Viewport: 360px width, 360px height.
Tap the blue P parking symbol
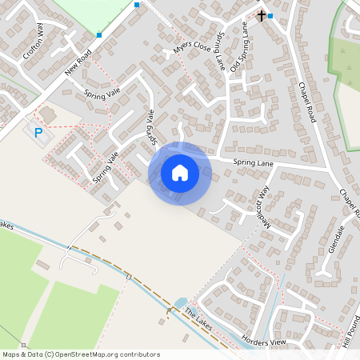pyautogui.click(x=37, y=130)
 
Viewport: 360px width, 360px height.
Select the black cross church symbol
pyautogui.click(x=261, y=15)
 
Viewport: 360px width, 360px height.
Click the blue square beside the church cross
pyautogui.click(x=270, y=16)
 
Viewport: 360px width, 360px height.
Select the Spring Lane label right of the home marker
pyautogui.click(x=253, y=163)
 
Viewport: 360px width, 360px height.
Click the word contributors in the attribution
pyautogui.click(x=138, y=354)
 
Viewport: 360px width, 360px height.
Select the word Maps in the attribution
pyautogui.click(x=11, y=354)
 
